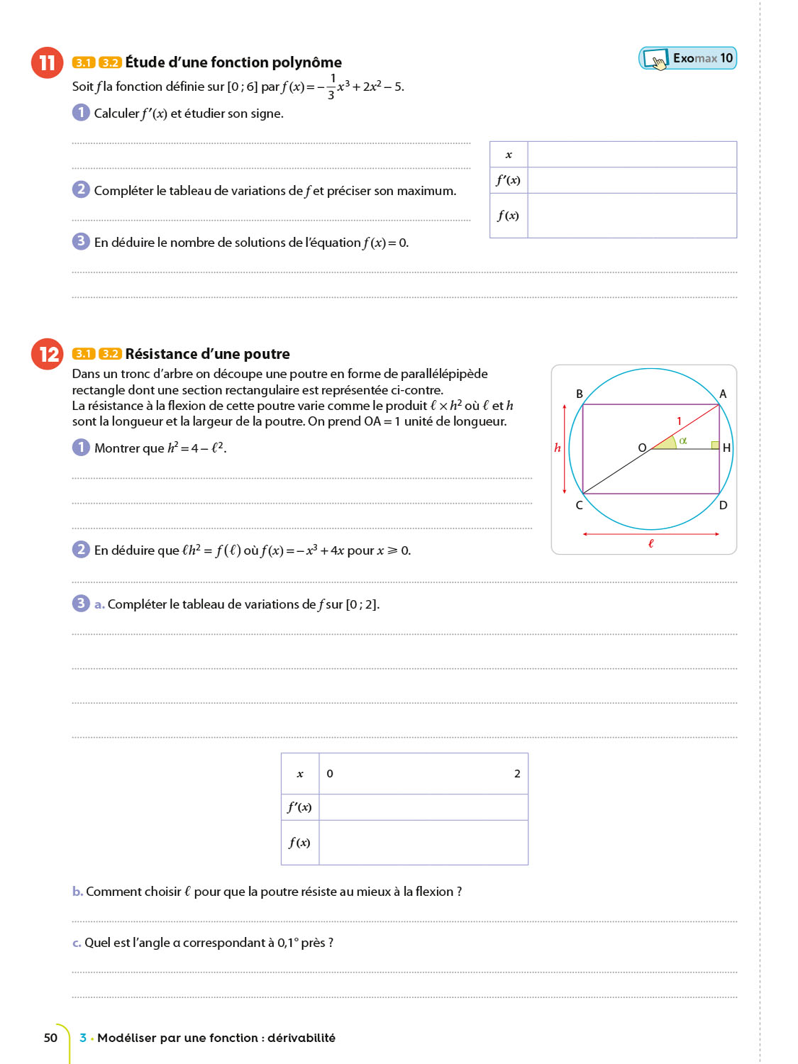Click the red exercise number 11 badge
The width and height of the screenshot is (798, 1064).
(x=47, y=62)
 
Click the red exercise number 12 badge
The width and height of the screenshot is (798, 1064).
(x=48, y=353)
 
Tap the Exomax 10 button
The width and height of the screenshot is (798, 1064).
(x=687, y=58)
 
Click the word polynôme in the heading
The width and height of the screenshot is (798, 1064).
(x=306, y=62)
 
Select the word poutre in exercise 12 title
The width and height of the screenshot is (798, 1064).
(x=266, y=354)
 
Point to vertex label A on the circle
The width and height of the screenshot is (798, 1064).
(x=723, y=394)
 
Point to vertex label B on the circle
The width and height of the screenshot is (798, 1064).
(x=580, y=394)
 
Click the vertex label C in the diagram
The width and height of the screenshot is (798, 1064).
(x=579, y=505)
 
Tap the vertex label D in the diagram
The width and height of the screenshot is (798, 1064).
(x=723, y=505)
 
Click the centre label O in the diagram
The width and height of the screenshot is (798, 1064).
(x=642, y=448)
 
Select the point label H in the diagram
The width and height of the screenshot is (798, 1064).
(x=726, y=448)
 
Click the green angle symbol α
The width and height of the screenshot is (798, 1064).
(x=683, y=440)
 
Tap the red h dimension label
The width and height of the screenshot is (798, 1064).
(x=558, y=448)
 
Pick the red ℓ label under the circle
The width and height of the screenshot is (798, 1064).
(x=650, y=543)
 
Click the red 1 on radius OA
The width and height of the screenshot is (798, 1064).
(x=679, y=421)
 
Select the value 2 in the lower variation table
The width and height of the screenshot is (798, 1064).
(x=517, y=774)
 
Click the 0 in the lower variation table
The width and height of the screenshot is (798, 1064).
(x=330, y=774)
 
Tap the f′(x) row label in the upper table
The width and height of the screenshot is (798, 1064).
(x=509, y=180)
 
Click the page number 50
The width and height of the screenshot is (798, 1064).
(x=50, y=1038)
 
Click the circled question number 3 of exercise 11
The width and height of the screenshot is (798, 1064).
(x=81, y=241)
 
